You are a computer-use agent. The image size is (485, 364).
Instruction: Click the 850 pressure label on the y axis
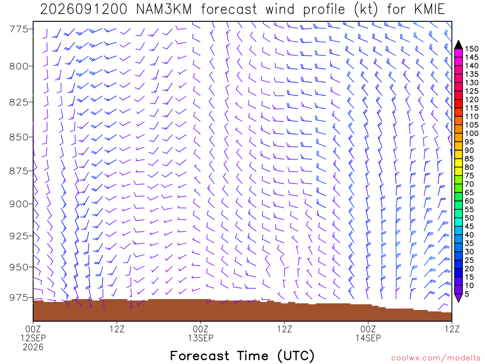(18, 137)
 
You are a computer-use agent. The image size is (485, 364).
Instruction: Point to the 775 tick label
(18, 29)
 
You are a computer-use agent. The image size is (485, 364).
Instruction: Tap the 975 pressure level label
(18, 298)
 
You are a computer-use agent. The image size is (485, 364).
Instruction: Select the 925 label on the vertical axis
(18, 236)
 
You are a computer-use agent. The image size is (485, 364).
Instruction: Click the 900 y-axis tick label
(18, 204)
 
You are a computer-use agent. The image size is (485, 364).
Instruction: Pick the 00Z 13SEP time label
(201, 333)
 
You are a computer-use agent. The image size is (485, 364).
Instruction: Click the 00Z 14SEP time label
(368, 333)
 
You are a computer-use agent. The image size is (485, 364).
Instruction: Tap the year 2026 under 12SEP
(33, 347)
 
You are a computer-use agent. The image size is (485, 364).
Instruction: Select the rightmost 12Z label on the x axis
(452, 329)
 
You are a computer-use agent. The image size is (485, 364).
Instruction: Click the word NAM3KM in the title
(164, 9)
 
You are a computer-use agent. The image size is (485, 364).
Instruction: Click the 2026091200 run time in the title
(83, 9)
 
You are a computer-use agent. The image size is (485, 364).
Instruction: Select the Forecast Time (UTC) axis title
(242, 355)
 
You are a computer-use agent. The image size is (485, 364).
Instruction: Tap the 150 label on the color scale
(472, 49)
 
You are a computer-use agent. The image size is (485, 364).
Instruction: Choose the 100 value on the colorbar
(472, 133)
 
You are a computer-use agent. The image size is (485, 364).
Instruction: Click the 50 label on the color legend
(469, 218)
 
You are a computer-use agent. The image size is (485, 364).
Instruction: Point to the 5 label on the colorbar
(467, 294)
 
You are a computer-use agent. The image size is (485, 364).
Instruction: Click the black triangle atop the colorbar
(458, 45)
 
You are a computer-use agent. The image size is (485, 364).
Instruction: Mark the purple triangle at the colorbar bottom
(458, 298)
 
